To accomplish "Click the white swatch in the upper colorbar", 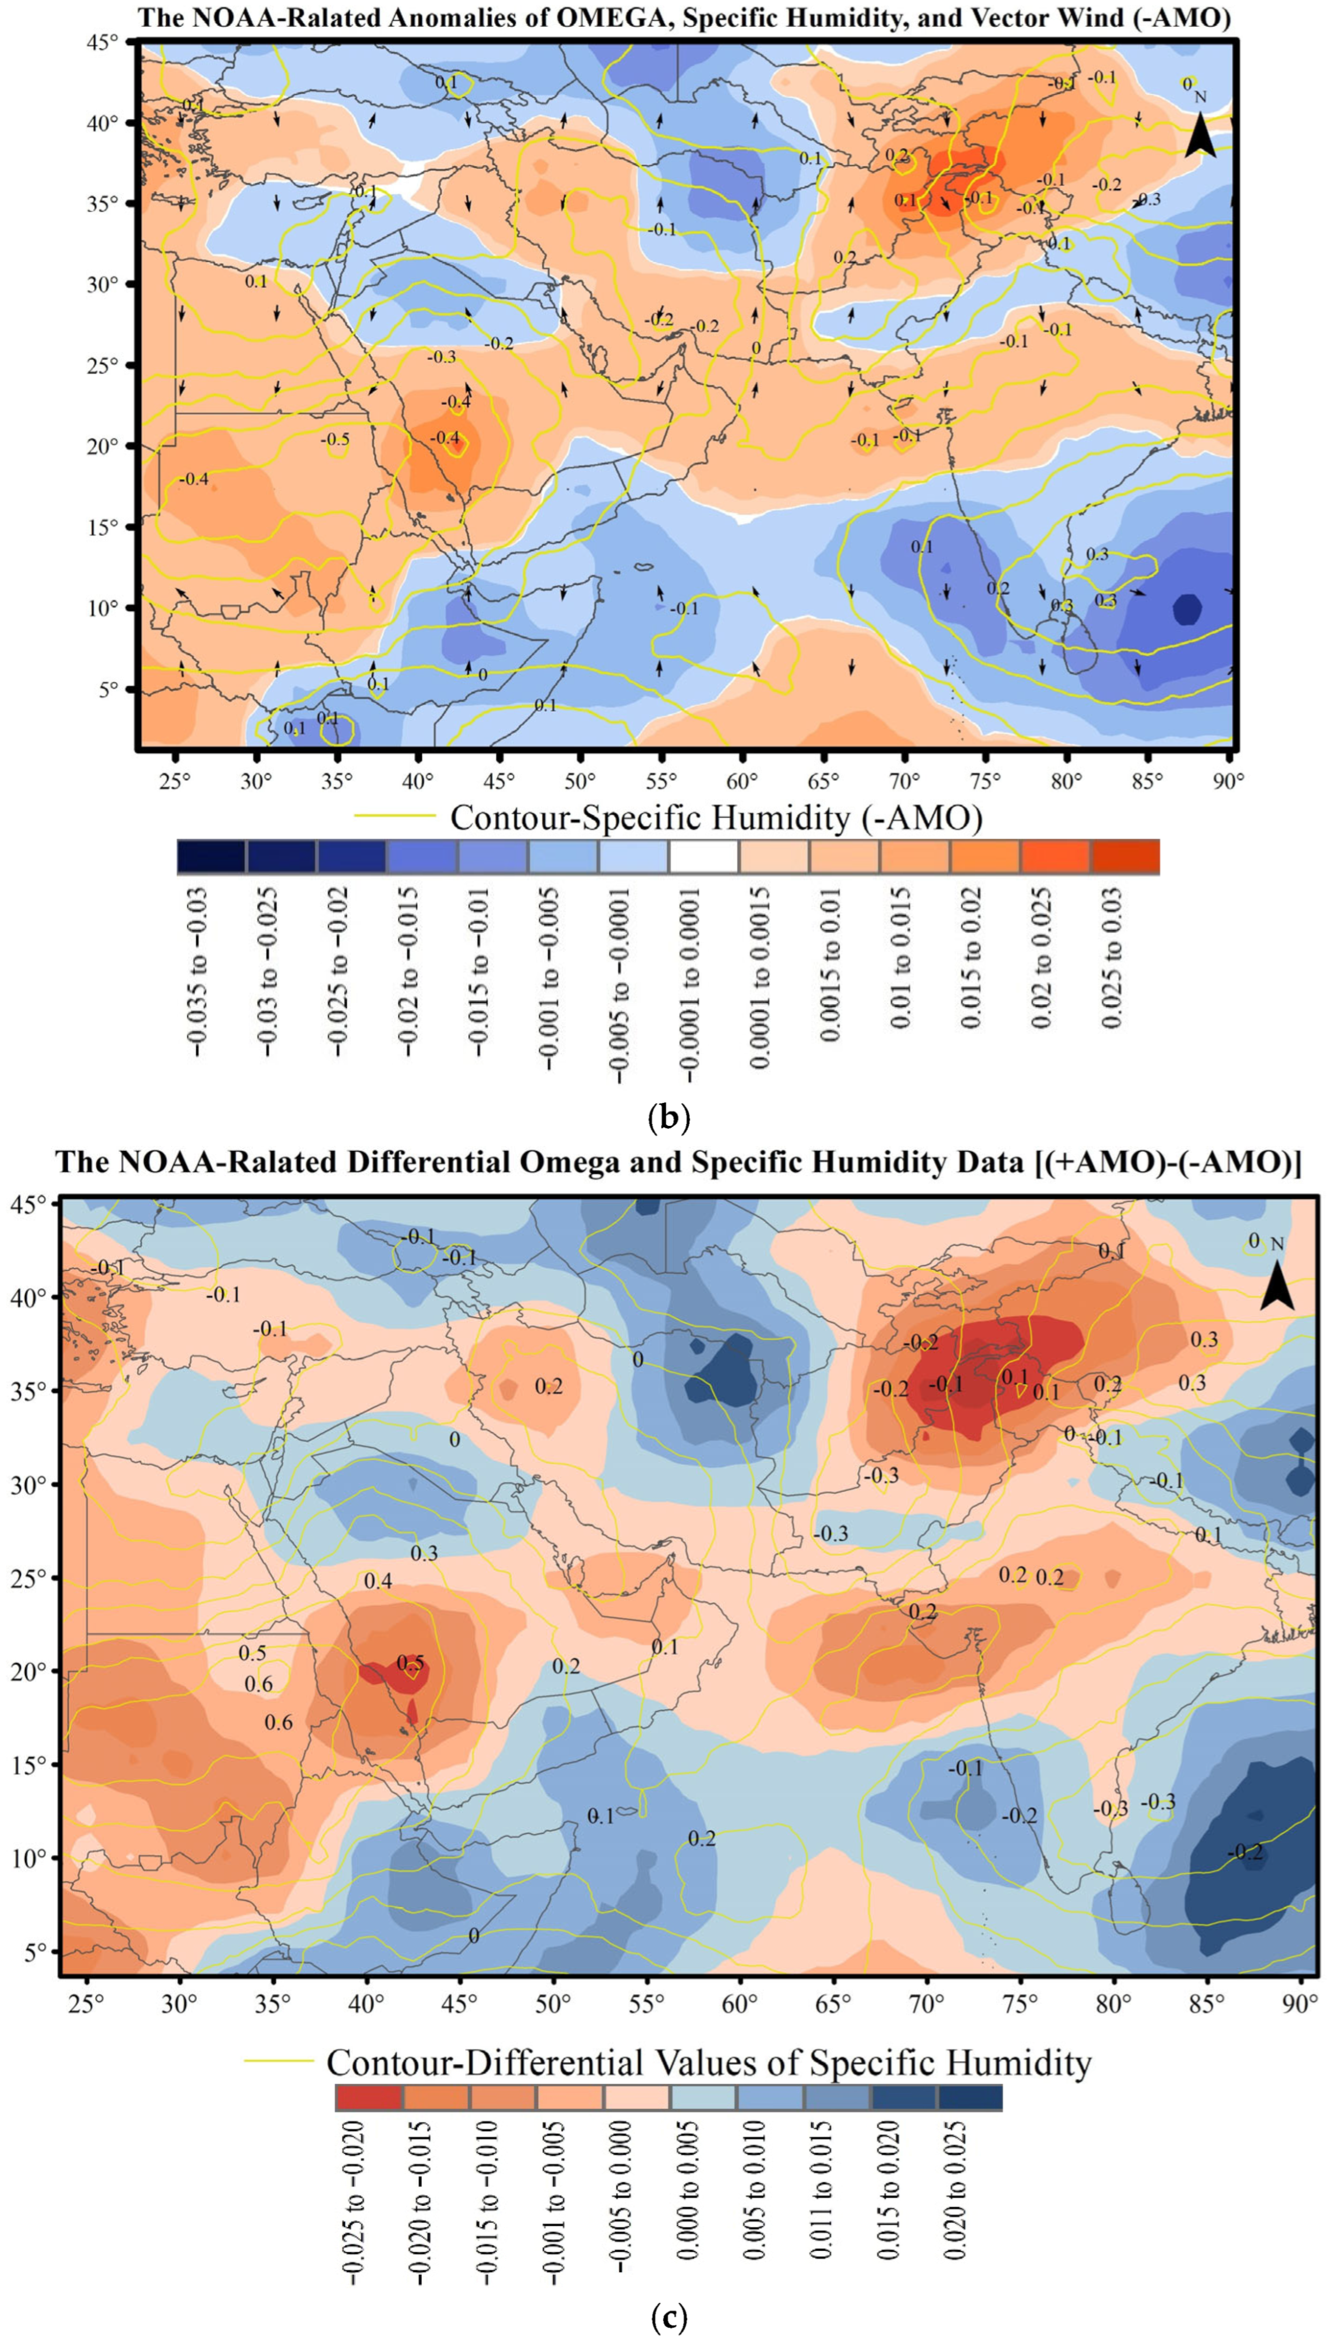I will pyautogui.click(x=703, y=856).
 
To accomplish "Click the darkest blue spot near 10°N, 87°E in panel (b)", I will pyautogui.click(x=1186, y=609).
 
